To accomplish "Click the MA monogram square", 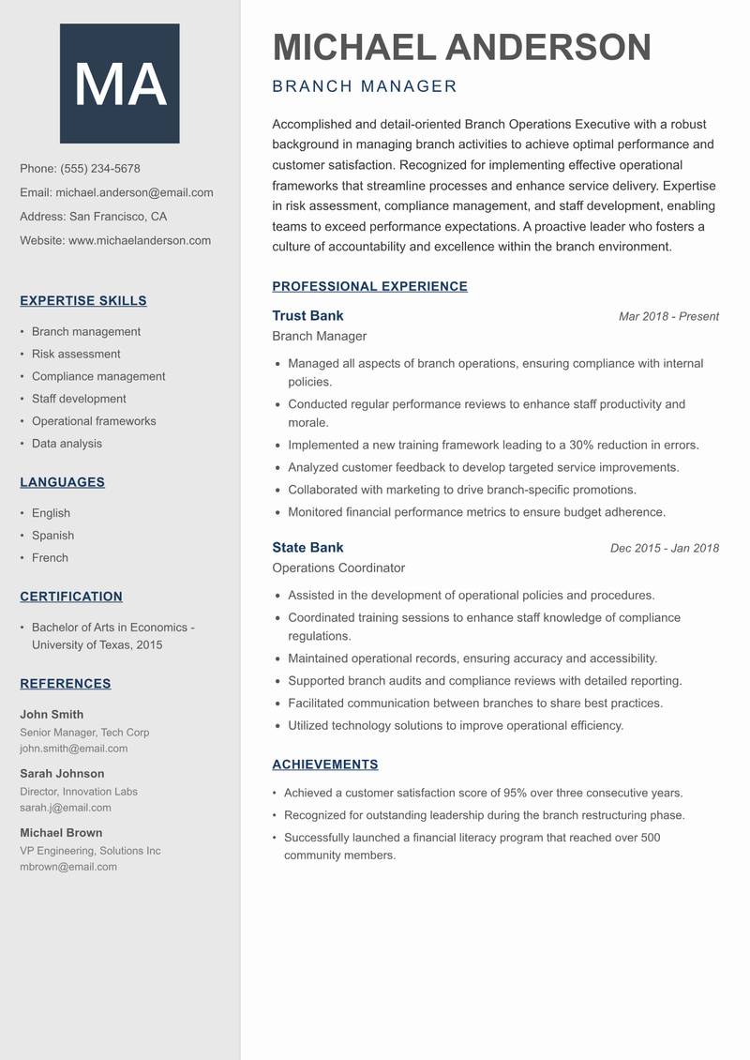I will pyautogui.click(x=120, y=83).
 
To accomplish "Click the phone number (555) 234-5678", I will pyautogui.click(x=100, y=169).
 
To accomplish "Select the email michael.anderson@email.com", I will pyautogui.click(x=134, y=192).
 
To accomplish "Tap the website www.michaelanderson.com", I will pyautogui.click(x=140, y=240).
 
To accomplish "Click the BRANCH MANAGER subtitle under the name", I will pyautogui.click(x=365, y=87).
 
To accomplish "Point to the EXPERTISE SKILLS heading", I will pyautogui.click(x=83, y=301).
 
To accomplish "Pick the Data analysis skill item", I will pyautogui.click(x=67, y=444).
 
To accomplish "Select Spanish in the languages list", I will pyautogui.click(x=52, y=536).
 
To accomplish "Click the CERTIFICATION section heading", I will pyautogui.click(x=71, y=597).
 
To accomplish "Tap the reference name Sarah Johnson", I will pyautogui.click(x=62, y=774).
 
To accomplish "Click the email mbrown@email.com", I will pyautogui.click(x=68, y=867).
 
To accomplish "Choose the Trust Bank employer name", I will pyautogui.click(x=307, y=316).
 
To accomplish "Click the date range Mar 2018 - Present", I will pyautogui.click(x=668, y=317).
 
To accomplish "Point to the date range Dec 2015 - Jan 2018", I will pyautogui.click(x=664, y=549).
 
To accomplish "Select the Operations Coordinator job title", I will pyautogui.click(x=338, y=568).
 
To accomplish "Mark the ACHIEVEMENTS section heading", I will pyautogui.click(x=325, y=765).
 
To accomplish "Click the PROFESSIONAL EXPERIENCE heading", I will pyautogui.click(x=369, y=287).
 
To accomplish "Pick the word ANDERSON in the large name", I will pyautogui.click(x=548, y=47).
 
